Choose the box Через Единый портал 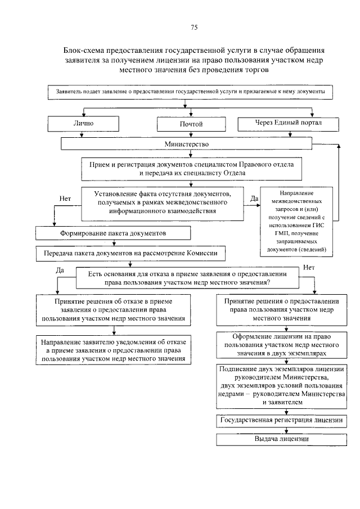[287, 122]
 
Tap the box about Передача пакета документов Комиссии [127, 254]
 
